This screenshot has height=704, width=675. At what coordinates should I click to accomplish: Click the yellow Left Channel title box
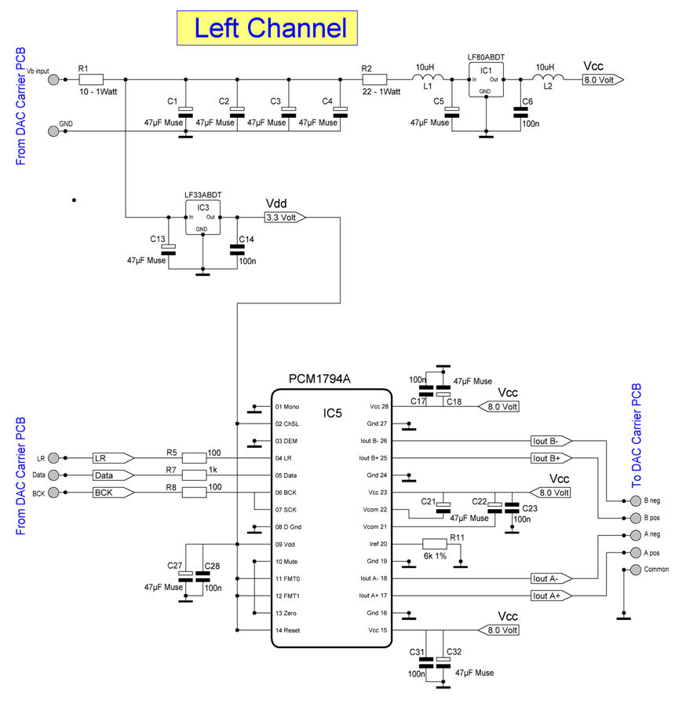(270, 28)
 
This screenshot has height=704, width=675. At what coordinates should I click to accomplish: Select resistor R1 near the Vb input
(91, 79)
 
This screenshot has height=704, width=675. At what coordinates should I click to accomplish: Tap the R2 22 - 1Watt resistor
(374, 79)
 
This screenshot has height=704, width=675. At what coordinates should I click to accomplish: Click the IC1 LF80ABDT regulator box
(486, 80)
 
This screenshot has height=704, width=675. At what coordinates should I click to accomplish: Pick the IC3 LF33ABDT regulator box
(202, 217)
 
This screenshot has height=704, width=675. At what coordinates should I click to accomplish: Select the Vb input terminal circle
(53, 79)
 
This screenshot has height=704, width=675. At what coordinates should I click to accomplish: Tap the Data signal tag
(110, 475)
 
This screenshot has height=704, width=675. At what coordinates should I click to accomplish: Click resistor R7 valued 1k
(195, 475)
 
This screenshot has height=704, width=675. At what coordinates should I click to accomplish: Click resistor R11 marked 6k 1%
(435, 544)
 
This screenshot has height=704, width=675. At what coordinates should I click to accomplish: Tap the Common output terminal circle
(624, 570)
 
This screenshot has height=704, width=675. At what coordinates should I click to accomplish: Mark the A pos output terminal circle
(624, 552)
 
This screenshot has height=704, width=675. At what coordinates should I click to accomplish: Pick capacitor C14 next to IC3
(236, 250)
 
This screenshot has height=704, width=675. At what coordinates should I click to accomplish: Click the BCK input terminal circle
(53, 493)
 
